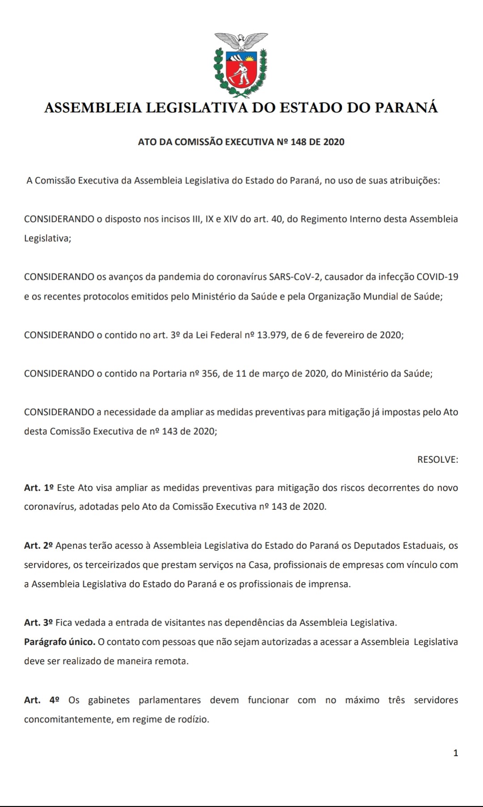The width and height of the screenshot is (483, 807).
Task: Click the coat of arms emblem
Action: [241, 65]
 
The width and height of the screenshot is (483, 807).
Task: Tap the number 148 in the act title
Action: [298, 142]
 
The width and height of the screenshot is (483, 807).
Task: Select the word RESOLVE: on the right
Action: [437, 460]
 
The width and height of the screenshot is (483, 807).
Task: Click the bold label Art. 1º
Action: [39, 488]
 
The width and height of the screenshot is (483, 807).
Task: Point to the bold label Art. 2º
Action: [39, 546]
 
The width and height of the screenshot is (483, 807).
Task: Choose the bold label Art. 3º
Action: [39, 623]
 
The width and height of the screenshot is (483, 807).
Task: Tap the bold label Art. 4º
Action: [42, 700]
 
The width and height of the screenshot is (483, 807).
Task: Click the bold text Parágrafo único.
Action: [59, 642]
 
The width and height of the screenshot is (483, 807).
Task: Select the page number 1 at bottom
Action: [456, 753]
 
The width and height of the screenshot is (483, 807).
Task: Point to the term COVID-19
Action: [437, 277]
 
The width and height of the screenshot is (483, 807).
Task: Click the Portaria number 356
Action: [209, 374]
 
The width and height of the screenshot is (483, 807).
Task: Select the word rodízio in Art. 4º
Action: [193, 719]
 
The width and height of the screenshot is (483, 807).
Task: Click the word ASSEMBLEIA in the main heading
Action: [93, 108]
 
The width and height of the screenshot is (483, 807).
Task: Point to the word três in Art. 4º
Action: [396, 700]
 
